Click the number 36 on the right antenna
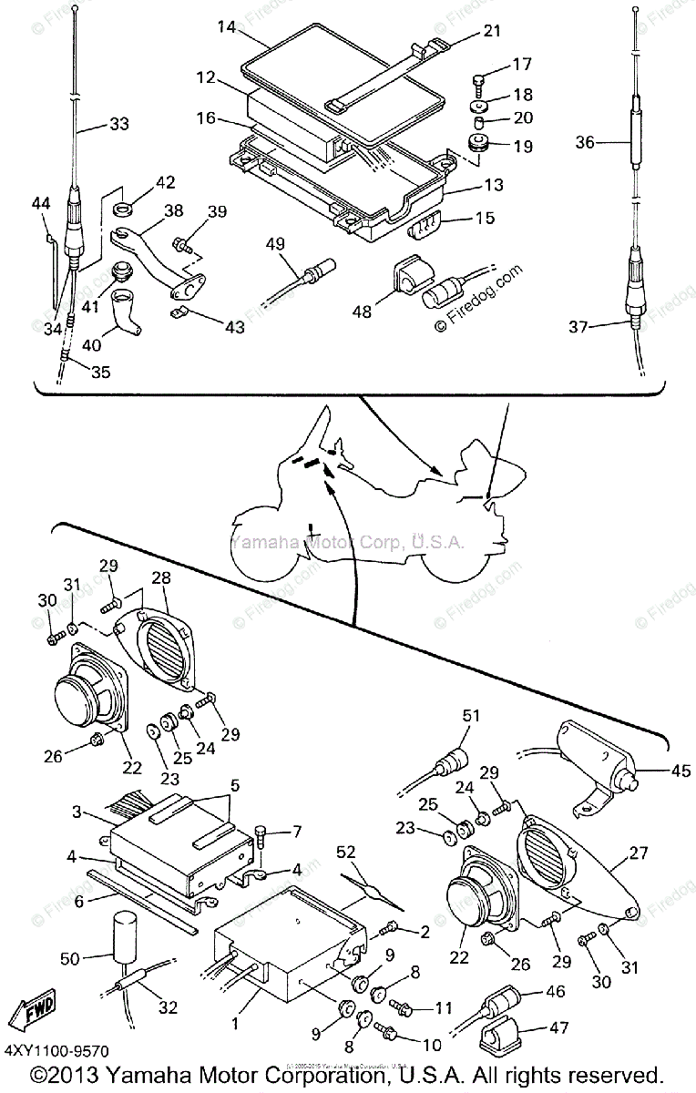585,141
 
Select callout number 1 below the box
235,1024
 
